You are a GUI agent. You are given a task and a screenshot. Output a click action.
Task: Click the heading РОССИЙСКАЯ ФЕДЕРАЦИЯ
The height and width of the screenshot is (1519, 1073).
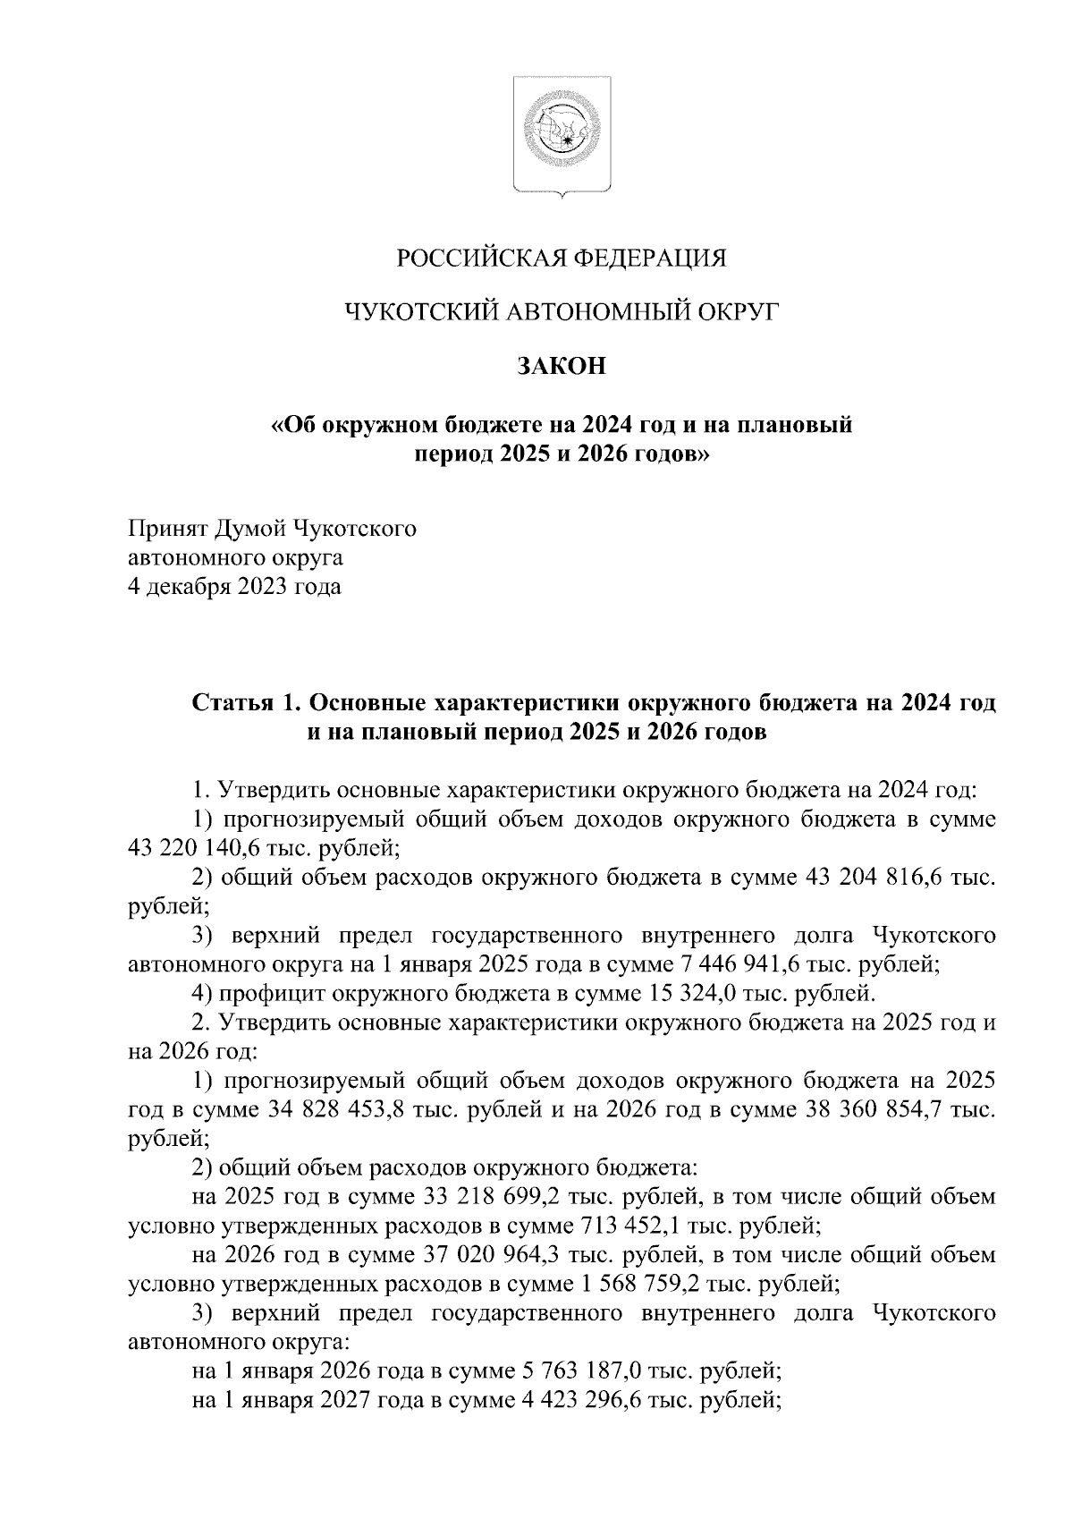pos(562,259)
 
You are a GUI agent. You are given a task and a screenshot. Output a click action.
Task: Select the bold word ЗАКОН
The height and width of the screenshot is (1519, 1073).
pos(562,366)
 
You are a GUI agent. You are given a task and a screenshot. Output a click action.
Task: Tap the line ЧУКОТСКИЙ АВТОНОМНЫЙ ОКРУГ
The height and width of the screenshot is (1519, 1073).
pos(562,312)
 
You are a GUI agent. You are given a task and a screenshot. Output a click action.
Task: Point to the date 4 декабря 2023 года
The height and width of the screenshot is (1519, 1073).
pos(235,588)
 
